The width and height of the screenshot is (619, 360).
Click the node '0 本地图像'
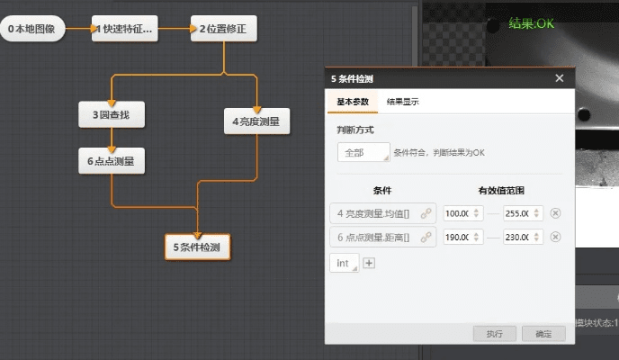(x=31, y=29)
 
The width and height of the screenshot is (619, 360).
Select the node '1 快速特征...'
(x=123, y=29)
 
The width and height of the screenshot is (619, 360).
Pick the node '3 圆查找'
(x=112, y=115)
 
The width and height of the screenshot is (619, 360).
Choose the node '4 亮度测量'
(x=256, y=121)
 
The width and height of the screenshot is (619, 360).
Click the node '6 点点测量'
(x=112, y=162)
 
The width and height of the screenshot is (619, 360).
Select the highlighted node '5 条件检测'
(x=198, y=247)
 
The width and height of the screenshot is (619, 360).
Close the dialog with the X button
(x=560, y=78)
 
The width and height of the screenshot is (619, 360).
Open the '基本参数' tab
(x=353, y=102)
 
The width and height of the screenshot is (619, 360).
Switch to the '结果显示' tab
(x=402, y=102)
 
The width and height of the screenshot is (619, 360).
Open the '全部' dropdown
(x=363, y=153)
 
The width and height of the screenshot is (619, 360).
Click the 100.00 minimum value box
(x=458, y=213)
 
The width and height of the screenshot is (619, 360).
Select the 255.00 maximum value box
(x=518, y=213)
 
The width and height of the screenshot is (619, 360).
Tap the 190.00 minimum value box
(x=458, y=238)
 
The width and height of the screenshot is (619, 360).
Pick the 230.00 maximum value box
(x=518, y=238)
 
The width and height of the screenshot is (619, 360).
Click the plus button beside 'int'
(x=369, y=263)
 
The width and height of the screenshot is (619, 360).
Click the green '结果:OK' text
(x=532, y=23)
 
